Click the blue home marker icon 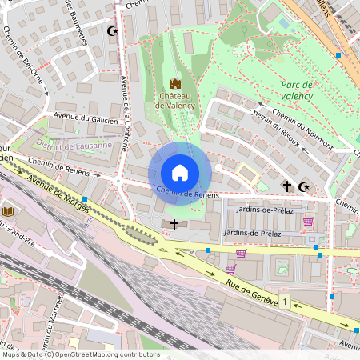point(180,173)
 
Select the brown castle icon point(175,83)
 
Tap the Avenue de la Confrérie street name point(125,87)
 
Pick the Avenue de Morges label point(70,201)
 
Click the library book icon point(9,210)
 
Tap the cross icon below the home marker point(174,225)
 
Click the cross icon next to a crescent point(286,186)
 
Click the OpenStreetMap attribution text point(80,354)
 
